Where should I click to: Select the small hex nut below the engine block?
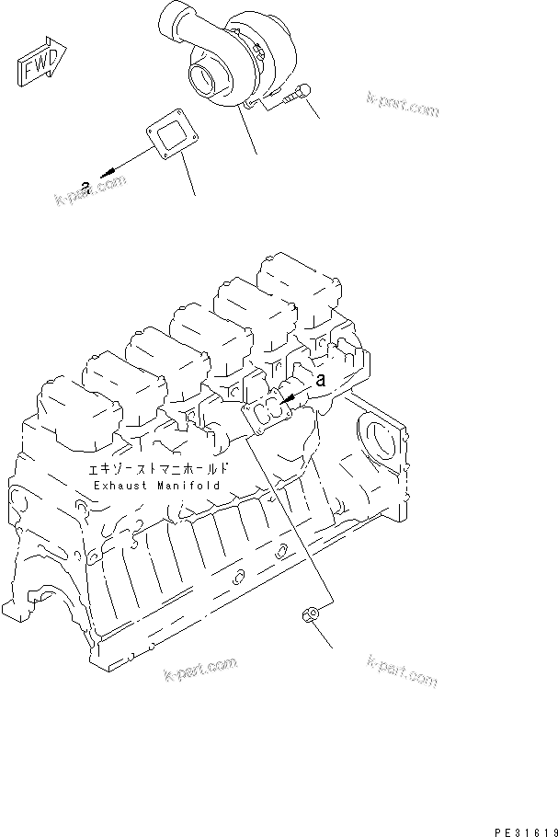coord(311,616)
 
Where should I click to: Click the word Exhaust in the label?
coord(120,484)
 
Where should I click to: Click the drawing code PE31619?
coord(520,826)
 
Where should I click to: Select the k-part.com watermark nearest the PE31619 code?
coord(401,671)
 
